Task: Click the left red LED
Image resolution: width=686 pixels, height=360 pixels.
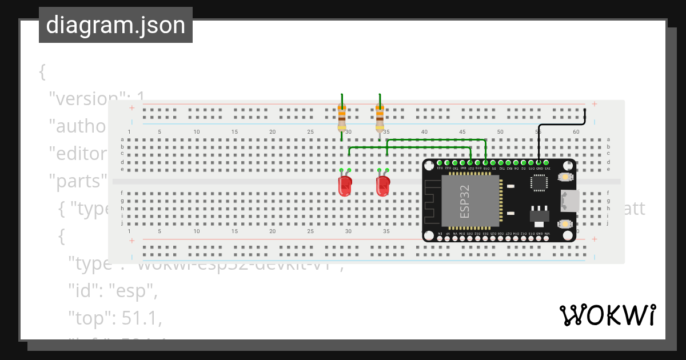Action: pos(345,186)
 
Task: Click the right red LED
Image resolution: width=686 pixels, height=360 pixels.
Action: pos(382,186)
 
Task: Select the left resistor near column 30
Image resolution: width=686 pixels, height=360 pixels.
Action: pos(342,118)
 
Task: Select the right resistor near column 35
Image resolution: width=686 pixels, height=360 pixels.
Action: pos(380,118)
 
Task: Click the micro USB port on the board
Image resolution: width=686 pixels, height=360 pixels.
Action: pos(569,201)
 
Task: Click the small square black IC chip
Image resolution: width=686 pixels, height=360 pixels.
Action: pos(539,182)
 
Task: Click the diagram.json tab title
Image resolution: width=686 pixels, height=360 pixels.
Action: pos(115,25)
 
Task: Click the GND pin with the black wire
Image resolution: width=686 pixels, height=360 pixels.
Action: pos(539,163)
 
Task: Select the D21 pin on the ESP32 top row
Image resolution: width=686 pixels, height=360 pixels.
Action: pos(470,163)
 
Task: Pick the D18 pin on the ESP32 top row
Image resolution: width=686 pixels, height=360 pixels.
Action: pos(485,163)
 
